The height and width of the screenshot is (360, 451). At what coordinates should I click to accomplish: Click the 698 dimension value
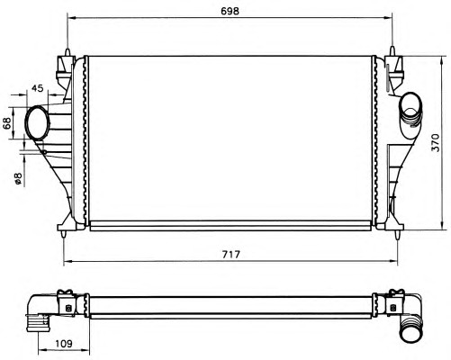pos(230,11)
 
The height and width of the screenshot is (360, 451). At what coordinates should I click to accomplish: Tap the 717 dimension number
pos(231,255)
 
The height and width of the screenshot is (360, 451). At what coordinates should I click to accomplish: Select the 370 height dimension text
pos(436,142)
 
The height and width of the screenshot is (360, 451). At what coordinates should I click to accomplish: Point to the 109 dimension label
pos(64,344)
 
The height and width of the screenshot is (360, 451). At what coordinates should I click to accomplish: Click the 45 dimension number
pos(38,88)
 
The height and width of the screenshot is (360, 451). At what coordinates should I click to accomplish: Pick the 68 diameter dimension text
pos(7,123)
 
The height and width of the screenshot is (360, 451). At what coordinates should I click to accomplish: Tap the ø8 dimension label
pos(18,178)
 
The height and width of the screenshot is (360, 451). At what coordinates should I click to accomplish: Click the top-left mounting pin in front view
pos(68,52)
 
